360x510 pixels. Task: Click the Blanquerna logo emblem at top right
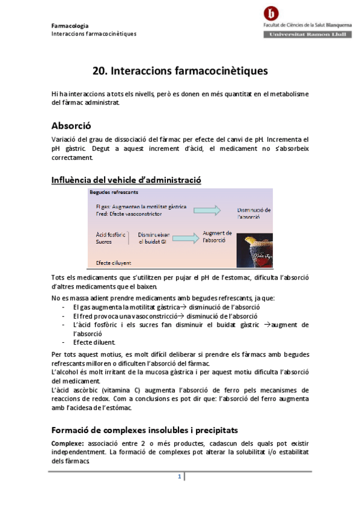273,13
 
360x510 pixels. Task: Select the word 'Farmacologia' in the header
70,26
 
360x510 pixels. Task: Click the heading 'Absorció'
70,126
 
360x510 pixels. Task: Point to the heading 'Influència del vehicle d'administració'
126,180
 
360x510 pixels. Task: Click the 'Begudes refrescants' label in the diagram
115,192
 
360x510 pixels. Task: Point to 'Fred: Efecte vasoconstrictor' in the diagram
130,214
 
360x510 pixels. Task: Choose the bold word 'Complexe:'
68,443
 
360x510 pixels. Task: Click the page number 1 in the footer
179,477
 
